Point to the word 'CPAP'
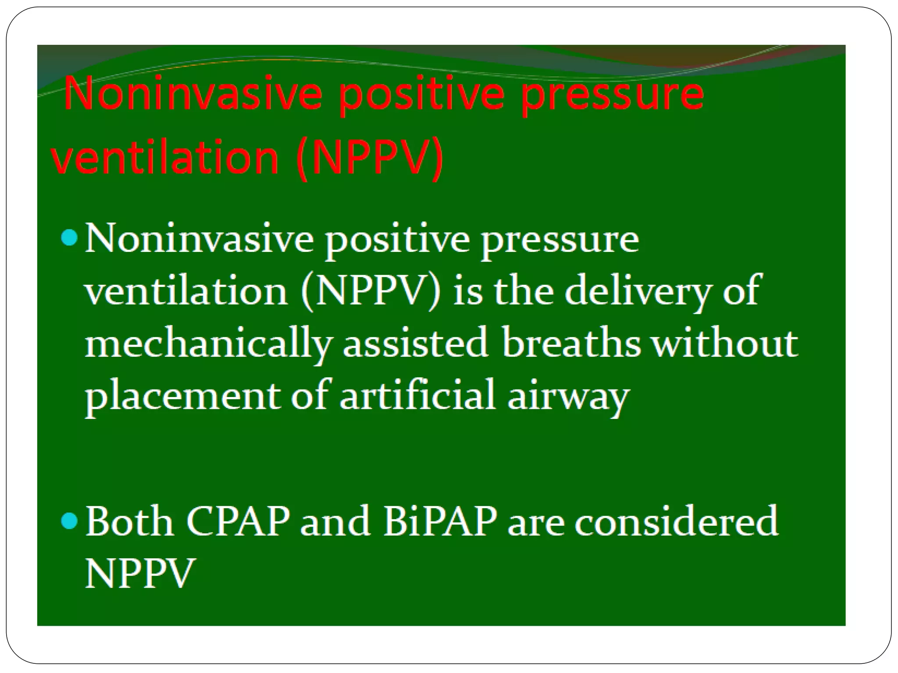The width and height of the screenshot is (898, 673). point(238,521)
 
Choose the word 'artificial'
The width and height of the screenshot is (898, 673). point(417,396)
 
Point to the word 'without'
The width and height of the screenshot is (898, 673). point(724,343)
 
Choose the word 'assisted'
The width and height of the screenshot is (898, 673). point(415,343)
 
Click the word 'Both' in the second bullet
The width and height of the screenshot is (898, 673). point(129,521)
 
